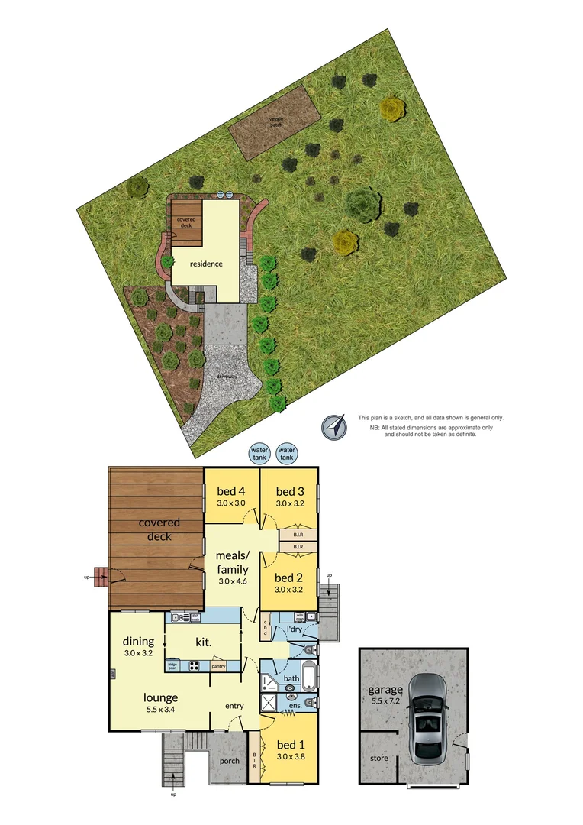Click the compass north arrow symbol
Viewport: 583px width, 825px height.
[333, 427]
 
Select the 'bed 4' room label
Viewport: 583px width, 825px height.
[230, 490]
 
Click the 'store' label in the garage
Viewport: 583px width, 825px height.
[379, 758]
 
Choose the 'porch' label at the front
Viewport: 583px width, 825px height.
[229, 761]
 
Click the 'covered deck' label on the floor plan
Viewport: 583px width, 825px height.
[159, 529]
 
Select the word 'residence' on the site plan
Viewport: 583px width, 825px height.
[206, 264]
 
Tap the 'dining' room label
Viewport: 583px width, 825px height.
[138, 642]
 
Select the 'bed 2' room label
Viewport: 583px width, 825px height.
[289, 577]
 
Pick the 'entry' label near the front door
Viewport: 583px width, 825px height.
[234, 706]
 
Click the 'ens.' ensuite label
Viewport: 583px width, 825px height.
[296, 707]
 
